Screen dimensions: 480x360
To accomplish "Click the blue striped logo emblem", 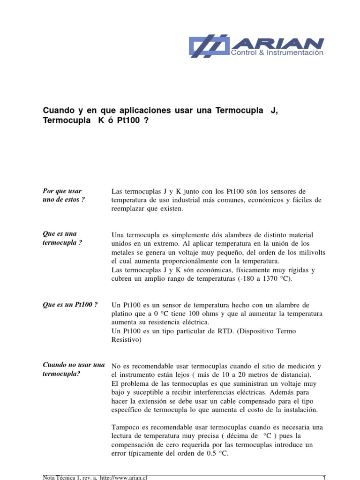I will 209,46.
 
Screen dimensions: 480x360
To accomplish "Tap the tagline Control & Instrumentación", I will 277,53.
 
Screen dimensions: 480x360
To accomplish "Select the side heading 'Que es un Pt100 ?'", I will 70,305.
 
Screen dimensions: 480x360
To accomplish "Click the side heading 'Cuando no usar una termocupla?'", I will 73,369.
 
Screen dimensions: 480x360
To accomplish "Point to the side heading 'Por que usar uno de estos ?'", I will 64,195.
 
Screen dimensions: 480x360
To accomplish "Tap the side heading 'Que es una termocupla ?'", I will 62,238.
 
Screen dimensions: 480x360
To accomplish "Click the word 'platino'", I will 123,314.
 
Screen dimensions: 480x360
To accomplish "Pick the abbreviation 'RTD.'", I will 214,331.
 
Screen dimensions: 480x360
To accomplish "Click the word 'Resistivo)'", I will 126,340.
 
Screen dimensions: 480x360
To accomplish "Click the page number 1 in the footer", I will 324,477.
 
